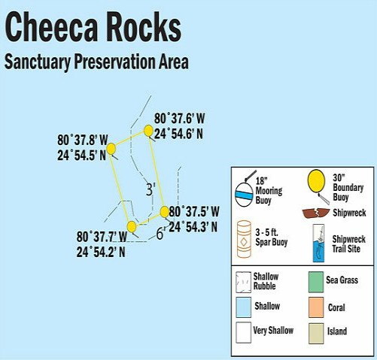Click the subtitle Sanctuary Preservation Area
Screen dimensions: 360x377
[x=96, y=62]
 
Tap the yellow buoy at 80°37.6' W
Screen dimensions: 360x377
[x=149, y=131]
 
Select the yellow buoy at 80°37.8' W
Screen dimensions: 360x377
[x=111, y=149]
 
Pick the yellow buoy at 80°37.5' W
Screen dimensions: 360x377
[x=165, y=211]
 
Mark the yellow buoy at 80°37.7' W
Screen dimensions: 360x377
[x=132, y=226]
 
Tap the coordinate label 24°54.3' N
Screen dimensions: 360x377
[x=194, y=225]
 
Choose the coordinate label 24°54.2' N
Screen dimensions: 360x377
[x=101, y=251]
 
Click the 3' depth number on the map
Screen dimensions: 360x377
[x=150, y=188]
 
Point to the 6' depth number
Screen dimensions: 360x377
[x=160, y=233]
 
